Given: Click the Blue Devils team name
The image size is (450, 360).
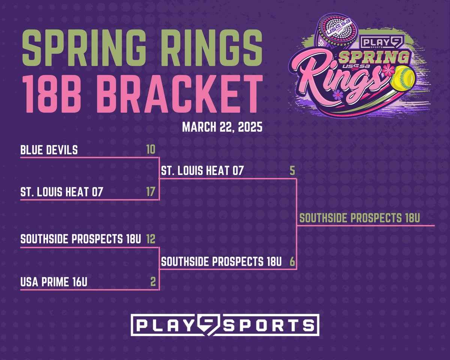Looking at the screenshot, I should [49, 150].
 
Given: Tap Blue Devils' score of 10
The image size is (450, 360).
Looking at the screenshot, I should [151, 150].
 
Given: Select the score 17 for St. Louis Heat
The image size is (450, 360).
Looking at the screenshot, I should [151, 192].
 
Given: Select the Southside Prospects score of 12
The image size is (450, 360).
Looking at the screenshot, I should [151, 239].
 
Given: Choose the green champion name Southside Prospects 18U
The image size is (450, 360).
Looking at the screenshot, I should [359, 219].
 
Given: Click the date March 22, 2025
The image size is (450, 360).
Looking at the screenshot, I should [222, 126].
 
